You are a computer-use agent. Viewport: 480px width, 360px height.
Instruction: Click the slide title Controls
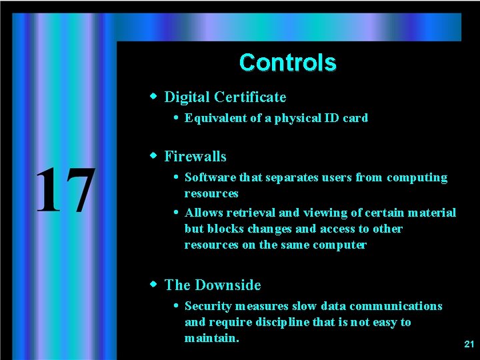287,63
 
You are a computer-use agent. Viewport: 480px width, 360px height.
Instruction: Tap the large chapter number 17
64,191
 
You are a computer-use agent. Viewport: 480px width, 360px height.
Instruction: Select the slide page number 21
469,344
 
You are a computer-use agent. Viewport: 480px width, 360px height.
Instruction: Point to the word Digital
187,97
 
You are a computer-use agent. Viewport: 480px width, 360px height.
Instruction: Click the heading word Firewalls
195,157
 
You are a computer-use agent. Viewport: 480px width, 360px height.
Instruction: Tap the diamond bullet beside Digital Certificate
153,97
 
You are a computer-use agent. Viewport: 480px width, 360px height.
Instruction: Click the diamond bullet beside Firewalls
153,156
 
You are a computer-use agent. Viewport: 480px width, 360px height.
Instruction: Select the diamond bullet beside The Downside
153,285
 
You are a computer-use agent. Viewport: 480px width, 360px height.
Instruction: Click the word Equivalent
213,119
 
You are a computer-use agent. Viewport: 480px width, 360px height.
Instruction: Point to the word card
355,119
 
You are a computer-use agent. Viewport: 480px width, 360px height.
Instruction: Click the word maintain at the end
211,339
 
